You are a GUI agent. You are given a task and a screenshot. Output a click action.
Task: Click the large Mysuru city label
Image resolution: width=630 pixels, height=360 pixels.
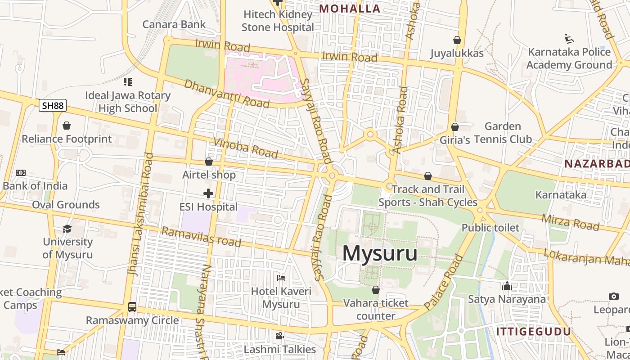tap(379, 253)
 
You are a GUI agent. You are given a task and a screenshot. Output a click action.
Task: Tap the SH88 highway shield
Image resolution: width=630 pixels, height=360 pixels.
tap(53, 106)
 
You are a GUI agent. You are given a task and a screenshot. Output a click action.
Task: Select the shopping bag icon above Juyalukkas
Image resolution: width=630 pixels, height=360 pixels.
tap(457, 40)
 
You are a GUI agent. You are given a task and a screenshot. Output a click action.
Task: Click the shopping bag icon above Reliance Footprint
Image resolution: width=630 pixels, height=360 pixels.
tap(67, 126)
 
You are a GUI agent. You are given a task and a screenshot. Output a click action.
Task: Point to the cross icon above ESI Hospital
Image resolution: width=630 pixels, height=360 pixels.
tap(208, 194)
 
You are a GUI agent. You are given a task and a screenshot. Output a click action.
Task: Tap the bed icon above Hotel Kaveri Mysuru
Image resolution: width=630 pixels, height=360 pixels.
tap(281, 278)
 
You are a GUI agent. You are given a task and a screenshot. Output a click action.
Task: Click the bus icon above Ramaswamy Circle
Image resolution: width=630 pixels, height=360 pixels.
tap(132, 307)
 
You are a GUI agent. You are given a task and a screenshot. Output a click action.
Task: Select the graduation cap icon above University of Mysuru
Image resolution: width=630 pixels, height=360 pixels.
tap(67, 229)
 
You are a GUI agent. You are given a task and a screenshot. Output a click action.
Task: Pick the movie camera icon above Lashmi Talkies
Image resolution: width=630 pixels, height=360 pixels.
tap(279, 336)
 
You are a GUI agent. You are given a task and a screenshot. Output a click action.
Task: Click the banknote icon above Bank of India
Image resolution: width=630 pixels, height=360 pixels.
tap(21, 173)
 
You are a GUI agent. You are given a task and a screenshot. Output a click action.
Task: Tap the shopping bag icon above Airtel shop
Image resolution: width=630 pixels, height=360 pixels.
tap(208, 162)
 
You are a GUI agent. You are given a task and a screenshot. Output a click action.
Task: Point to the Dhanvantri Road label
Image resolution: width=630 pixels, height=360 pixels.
tap(226, 94)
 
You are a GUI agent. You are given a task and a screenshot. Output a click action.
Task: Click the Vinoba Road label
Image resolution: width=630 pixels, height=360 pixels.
tap(246, 148)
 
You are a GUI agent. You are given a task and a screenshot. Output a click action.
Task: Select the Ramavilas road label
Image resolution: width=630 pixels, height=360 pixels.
tap(201, 237)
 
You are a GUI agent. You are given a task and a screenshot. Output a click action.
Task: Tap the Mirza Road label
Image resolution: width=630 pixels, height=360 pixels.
tap(570, 222)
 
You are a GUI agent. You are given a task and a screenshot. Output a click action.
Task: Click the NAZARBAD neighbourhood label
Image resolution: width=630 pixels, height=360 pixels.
tap(597, 164)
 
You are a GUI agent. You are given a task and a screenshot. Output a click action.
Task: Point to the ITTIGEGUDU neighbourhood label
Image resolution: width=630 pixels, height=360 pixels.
tap(533, 332)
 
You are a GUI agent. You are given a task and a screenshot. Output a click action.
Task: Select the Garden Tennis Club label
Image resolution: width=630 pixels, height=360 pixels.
tap(503, 133)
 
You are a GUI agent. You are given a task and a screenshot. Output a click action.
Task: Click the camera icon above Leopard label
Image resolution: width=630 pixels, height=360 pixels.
tap(613, 296)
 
